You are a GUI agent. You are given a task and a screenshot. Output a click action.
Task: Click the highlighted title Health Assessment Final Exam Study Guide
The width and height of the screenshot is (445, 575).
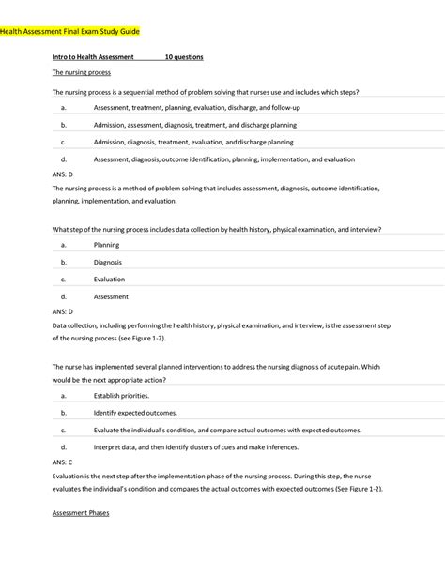click(70, 31)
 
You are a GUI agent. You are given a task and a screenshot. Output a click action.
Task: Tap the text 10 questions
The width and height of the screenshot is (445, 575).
click(184, 57)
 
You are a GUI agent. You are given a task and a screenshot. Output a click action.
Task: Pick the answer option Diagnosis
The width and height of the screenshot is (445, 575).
click(108, 263)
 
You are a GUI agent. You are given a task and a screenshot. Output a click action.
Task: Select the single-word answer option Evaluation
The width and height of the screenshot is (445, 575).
click(109, 280)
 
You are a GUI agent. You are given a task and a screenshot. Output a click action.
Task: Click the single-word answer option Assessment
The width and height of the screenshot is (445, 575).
click(111, 296)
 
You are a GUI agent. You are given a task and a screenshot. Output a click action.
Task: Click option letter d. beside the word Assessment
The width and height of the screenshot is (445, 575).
click(62, 296)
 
